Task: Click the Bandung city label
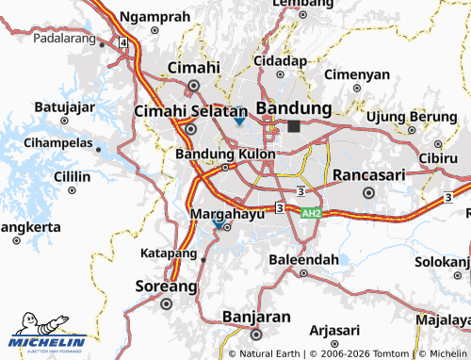click(x=300, y=107)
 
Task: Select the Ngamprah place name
click(x=155, y=17)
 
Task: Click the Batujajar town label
click(x=65, y=106)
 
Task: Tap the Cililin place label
click(x=72, y=176)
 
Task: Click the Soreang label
click(x=167, y=285)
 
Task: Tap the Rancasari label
click(x=368, y=174)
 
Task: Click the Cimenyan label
click(x=356, y=74)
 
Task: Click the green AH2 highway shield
click(x=311, y=214)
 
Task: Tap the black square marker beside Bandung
click(x=295, y=125)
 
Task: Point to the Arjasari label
click(x=334, y=329)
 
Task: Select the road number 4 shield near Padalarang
click(x=123, y=42)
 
